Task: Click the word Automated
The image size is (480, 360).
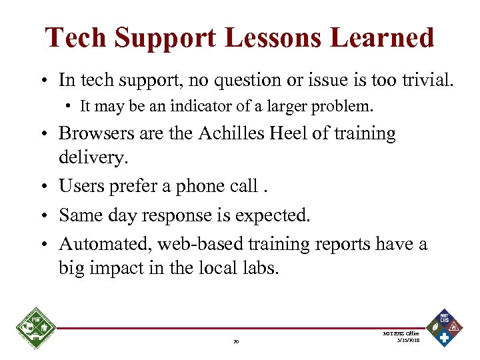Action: pyautogui.click(x=105, y=244)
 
